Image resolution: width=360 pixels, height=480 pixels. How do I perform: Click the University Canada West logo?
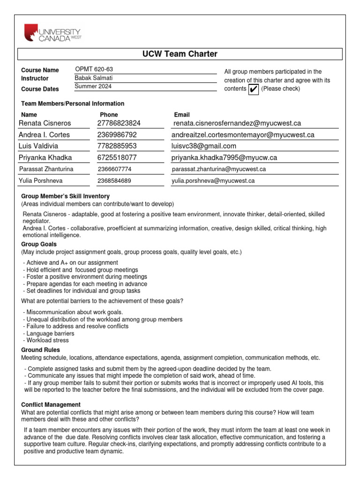click(x=52, y=33)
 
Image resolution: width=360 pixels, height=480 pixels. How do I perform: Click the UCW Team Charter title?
click(x=180, y=54)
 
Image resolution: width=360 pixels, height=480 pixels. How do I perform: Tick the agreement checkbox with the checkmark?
click(x=253, y=89)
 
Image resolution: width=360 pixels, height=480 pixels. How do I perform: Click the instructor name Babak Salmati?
click(x=94, y=78)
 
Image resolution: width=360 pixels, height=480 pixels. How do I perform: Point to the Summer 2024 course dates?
click(x=93, y=86)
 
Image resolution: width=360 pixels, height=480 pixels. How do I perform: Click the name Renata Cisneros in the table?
click(x=45, y=123)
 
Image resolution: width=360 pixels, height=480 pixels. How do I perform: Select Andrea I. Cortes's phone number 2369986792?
click(x=117, y=135)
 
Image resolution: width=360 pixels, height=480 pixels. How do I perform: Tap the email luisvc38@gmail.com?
click(x=204, y=146)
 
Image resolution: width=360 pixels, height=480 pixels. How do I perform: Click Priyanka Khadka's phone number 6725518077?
click(x=117, y=158)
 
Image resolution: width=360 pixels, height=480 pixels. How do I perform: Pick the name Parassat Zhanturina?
click(x=46, y=169)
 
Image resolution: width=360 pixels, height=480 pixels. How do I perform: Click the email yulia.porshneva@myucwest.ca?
click(x=213, y=180)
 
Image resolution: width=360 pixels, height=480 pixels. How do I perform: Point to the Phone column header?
click(x=109, y=114)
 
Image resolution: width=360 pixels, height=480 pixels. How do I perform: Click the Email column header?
click(x=182, y=114)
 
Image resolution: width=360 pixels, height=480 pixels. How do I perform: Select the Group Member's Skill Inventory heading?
click(x=66, y=196)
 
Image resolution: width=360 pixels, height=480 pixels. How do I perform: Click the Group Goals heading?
click(x=39, y=244)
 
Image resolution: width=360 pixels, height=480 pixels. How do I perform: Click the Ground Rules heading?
click(x=41, y=350)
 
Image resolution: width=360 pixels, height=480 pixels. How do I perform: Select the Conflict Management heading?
click(x=51, y=405)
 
